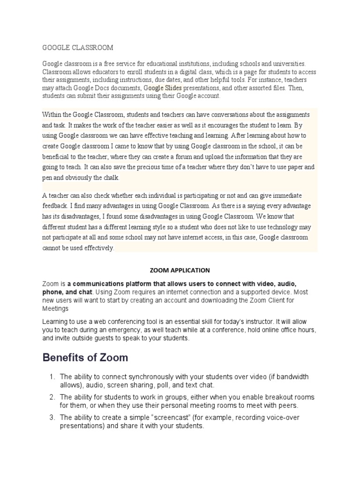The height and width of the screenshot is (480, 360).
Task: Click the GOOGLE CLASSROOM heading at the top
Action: pos(78,48)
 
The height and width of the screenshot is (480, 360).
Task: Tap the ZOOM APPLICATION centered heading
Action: pos(180,270)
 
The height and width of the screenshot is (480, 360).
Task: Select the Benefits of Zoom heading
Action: pos(85,358)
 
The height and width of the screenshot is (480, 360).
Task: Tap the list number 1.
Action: pos(52,377)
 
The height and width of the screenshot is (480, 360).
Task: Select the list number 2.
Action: pos(52,397)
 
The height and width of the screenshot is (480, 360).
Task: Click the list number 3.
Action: pos(52,417)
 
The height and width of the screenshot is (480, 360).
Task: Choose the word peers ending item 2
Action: pos(288,405)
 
